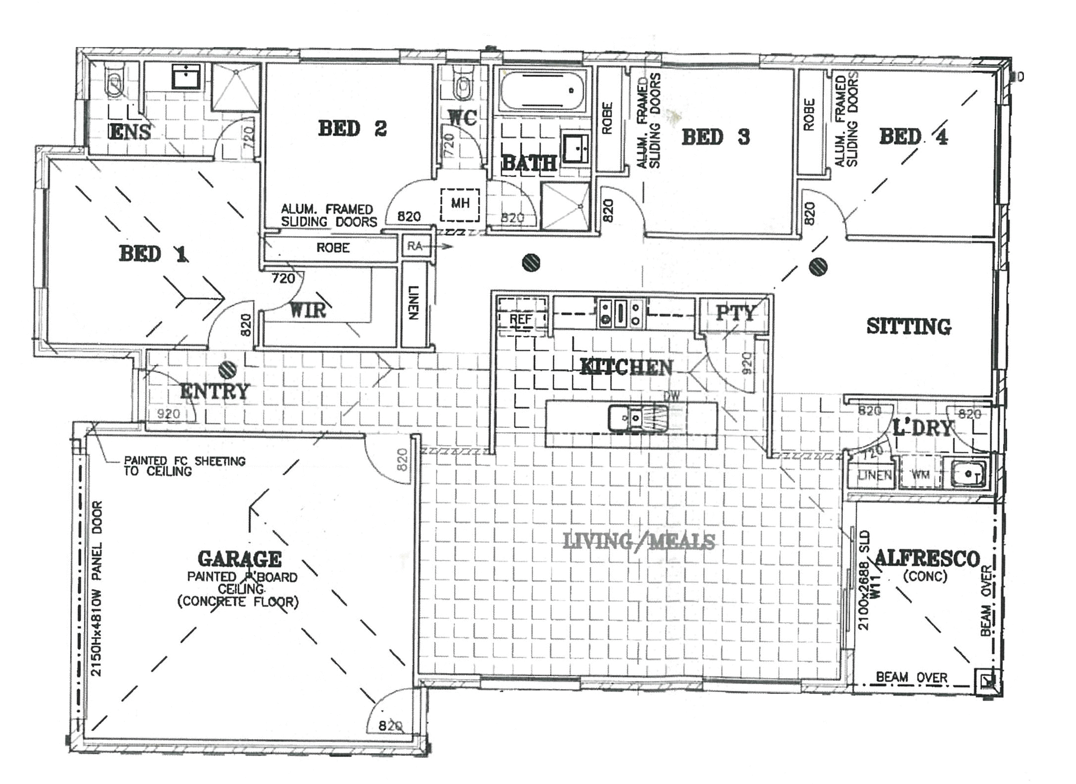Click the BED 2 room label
[x=352, y=129]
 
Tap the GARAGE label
[x=239, y=559]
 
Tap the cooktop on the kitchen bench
[x=620, y=313]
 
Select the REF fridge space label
[x=520, y=319]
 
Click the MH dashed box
[x=460, y=204]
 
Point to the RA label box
[x=415, y=246]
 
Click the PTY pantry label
[x=735, y=313]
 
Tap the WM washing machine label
[x=920, y=475]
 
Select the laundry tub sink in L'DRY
[x=968, y=474]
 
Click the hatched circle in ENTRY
[x=228, y=369]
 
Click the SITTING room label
[x=908, y=326]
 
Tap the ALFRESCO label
[x=926, y=558]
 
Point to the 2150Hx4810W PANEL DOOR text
[x=97, y=588]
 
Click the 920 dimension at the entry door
[x=168, y=414]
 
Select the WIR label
[x=307, y=310]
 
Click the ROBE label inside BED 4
[x=809, y=115]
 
